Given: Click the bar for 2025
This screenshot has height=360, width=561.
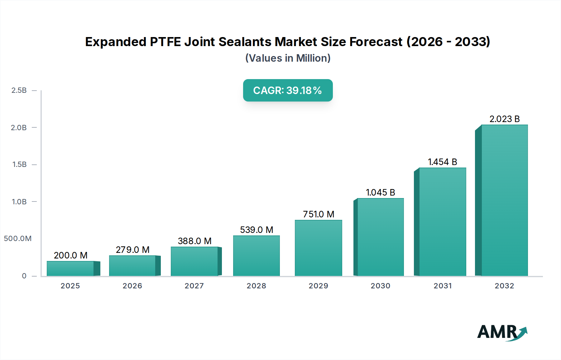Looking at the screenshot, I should point(70,268).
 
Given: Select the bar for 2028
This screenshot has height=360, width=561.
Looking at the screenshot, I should point(257,256).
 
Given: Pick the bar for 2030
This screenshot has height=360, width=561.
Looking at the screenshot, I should point(380,237).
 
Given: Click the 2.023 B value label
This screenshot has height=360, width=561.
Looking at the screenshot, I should point(504,119).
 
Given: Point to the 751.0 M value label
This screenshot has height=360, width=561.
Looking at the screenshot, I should point(319,214).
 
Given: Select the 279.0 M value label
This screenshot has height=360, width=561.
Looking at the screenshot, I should point(132,250).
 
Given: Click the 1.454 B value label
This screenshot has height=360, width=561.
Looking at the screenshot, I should point(442,162).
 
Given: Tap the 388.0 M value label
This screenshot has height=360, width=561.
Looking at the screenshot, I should point(194,241).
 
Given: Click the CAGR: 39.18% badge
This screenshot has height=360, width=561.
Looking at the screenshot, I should point(288,90).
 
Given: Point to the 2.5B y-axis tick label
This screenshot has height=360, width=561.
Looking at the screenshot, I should point(19,90).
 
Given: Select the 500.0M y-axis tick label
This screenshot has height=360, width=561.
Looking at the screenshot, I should point(18,239).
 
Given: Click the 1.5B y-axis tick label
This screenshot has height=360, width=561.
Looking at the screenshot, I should point(19,164).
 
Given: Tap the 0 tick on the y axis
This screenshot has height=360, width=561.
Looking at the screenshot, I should point(24,276).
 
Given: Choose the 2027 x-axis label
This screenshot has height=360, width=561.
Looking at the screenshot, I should point(194,286).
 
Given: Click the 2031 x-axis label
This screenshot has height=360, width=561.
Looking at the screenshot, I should point(443,286).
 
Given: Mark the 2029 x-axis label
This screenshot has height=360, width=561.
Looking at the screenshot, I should point(318,286).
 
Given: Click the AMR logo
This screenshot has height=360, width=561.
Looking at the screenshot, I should point(502,332).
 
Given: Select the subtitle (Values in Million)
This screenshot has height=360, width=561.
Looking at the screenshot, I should point(288,58).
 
